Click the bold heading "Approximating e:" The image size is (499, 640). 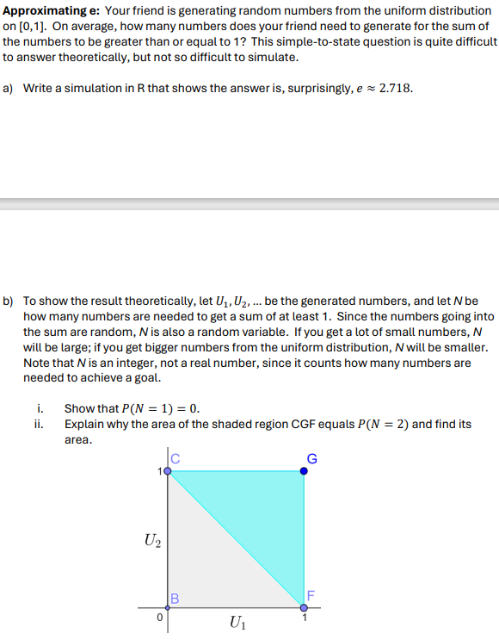click(51, 11)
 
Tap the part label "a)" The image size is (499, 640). click(9, 88)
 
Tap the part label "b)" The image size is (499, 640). click(9, 301)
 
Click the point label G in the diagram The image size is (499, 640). click(313, 458)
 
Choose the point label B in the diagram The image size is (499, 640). click(175, 599)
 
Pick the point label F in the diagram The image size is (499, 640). click(311, 593)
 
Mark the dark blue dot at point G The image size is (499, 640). click(304, 471)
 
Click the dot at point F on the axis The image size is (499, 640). click(304, 608)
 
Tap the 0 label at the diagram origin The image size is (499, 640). click(159, 617)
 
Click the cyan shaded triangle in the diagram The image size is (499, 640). click(267, 508)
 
